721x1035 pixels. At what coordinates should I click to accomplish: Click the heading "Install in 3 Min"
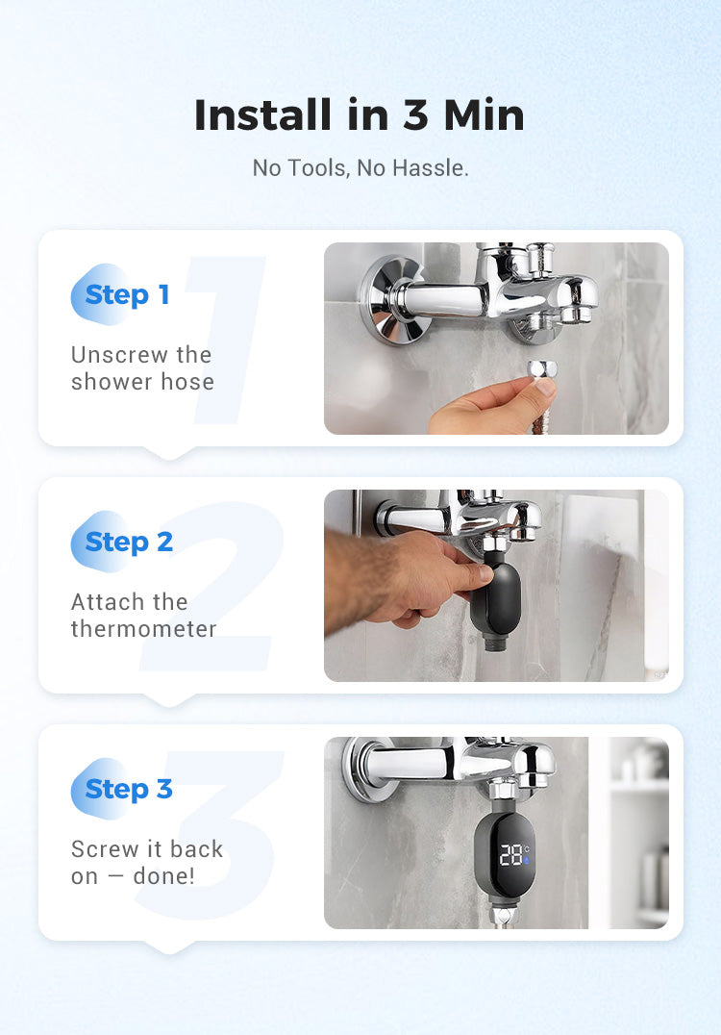[360, 114]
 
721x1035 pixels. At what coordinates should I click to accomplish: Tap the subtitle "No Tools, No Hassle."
[360, 168]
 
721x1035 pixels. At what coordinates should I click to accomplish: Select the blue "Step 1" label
[127, 294]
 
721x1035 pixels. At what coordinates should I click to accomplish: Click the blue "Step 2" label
[129, 542]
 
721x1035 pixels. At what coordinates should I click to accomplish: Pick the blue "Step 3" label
[129, 789]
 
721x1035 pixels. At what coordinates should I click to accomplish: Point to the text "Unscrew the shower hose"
[142, 368]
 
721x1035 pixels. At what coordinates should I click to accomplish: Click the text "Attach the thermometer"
[144, 616]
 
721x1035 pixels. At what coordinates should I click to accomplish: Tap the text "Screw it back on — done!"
[147, 863]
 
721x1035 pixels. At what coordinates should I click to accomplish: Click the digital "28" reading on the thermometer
[510, 855]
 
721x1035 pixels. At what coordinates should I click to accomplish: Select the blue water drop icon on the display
[527, 860]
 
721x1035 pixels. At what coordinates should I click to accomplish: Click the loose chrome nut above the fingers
[542, 369]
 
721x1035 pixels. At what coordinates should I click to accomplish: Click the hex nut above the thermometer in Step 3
[504, 789]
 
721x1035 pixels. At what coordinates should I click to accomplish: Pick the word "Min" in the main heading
[485, 114]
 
